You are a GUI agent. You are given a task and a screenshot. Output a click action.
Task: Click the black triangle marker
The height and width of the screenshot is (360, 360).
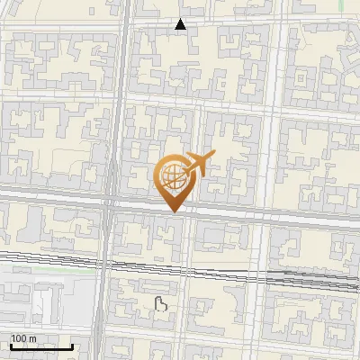tap(181, 24)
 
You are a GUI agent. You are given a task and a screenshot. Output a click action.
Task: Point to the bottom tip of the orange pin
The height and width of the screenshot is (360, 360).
tap(173, 211)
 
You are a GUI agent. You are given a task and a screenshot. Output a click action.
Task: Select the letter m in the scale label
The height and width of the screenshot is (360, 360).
tap(33, 338)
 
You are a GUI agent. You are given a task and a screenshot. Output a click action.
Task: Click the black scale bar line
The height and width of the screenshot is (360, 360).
tap(40, 346)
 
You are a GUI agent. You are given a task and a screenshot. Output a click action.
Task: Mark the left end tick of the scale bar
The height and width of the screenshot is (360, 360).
tap(10, 345)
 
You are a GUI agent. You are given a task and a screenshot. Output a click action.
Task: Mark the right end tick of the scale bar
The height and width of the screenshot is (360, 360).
tap(72, 345)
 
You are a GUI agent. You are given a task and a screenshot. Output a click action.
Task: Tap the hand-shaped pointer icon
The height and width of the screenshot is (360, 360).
tap(162, 303)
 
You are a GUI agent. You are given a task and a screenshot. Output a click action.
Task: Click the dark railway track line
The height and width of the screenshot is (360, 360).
tap(225, 269)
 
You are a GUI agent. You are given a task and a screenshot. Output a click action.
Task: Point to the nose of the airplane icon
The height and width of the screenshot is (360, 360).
tap(214, 156)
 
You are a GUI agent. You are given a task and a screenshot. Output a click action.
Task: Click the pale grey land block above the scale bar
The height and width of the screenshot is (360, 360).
tap(45, 306)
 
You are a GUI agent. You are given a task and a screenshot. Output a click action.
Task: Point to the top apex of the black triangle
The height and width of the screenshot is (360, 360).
tap(181, 19)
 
